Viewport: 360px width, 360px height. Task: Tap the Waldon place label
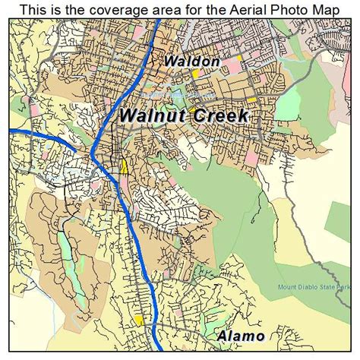(191, 61)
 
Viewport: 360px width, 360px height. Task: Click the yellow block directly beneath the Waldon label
(194, 74)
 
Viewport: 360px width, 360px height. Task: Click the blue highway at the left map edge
(14, 131)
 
